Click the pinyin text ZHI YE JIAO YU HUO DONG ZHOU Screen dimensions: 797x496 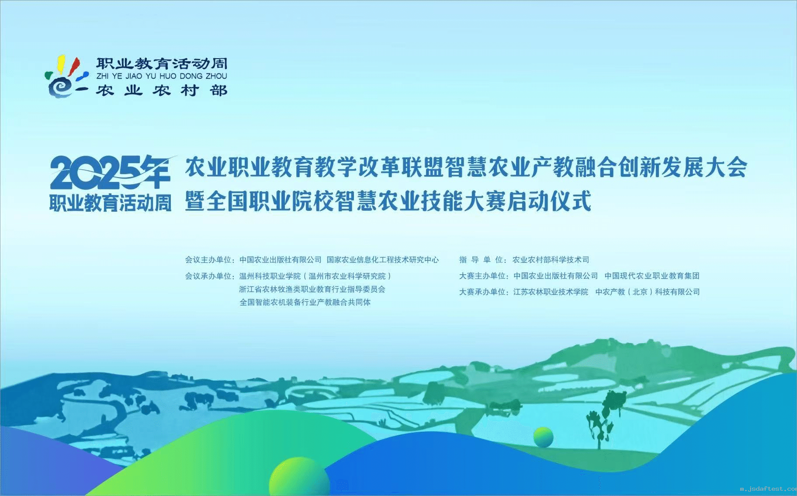[162, 76]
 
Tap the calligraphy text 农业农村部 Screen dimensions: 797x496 [162, 91]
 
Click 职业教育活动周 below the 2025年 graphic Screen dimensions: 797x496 [110, 203]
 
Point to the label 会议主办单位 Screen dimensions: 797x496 [208, 260]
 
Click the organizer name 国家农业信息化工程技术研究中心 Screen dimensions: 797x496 [383, 260]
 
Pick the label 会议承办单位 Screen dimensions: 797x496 [208, 276]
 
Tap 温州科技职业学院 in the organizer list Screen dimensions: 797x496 [270, 276]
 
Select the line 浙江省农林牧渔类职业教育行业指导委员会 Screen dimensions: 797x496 [312, 289]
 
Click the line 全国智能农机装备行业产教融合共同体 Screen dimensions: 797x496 [305, 302]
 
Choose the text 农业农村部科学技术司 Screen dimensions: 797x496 [551, 260]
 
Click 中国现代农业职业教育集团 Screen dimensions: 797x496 [652, 276]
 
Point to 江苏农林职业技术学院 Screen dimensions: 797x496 [551, 292]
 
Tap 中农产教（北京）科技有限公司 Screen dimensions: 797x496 [648, 292]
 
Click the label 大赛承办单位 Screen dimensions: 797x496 [482, 292]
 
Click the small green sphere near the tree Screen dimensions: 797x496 [543, 437]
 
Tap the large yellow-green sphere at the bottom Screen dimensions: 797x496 [299, 476]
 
